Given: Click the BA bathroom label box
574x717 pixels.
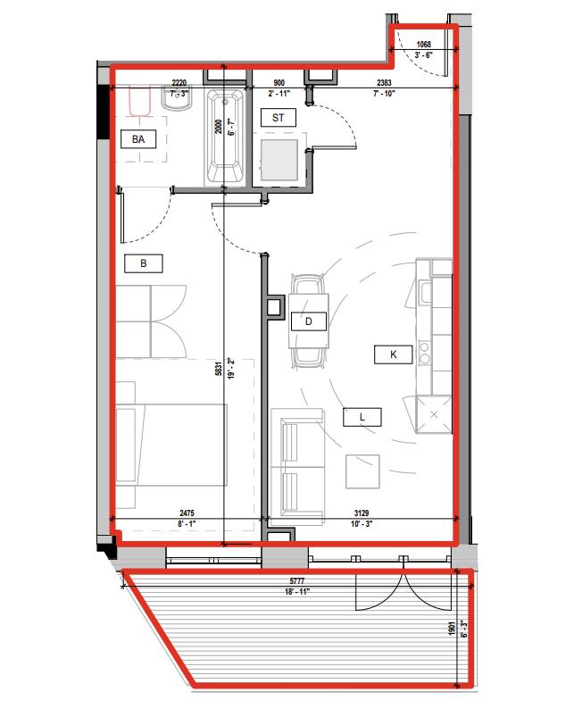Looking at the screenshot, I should (137, 138).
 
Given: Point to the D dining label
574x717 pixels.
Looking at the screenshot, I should (308, 321).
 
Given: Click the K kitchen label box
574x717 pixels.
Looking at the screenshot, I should (393, 354).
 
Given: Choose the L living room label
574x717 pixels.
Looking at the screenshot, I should (362, 416).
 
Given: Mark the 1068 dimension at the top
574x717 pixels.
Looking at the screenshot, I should (424, 45).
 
